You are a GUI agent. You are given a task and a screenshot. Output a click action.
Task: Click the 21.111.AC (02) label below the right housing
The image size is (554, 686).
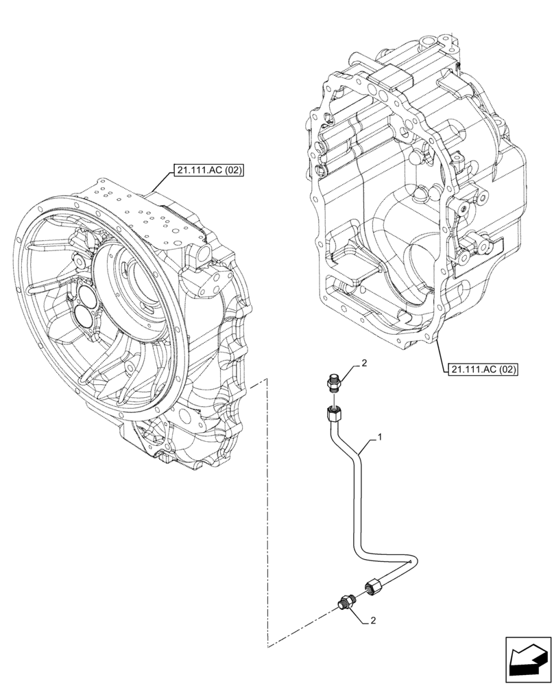point(483,369)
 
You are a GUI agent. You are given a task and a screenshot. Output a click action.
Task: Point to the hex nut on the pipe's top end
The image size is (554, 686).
point(333,414)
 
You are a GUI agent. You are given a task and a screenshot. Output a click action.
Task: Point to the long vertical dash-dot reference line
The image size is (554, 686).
point(266,514)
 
